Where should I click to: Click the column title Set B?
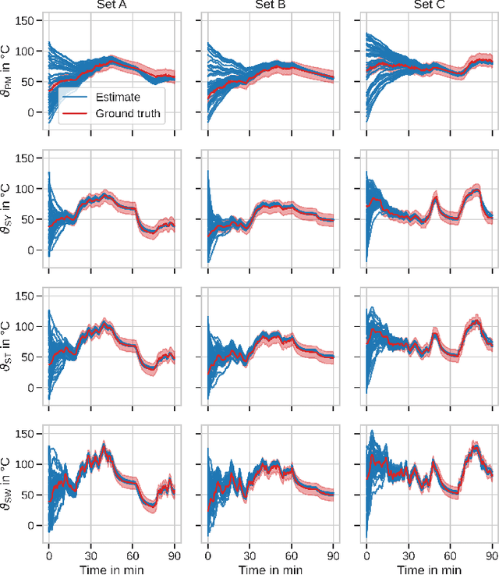[x=269, y=5]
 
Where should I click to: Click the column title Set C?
[x=428, y=5]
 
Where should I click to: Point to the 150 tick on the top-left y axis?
[x=26, y=21]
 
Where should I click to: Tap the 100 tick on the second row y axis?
[x=26, y=189]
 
